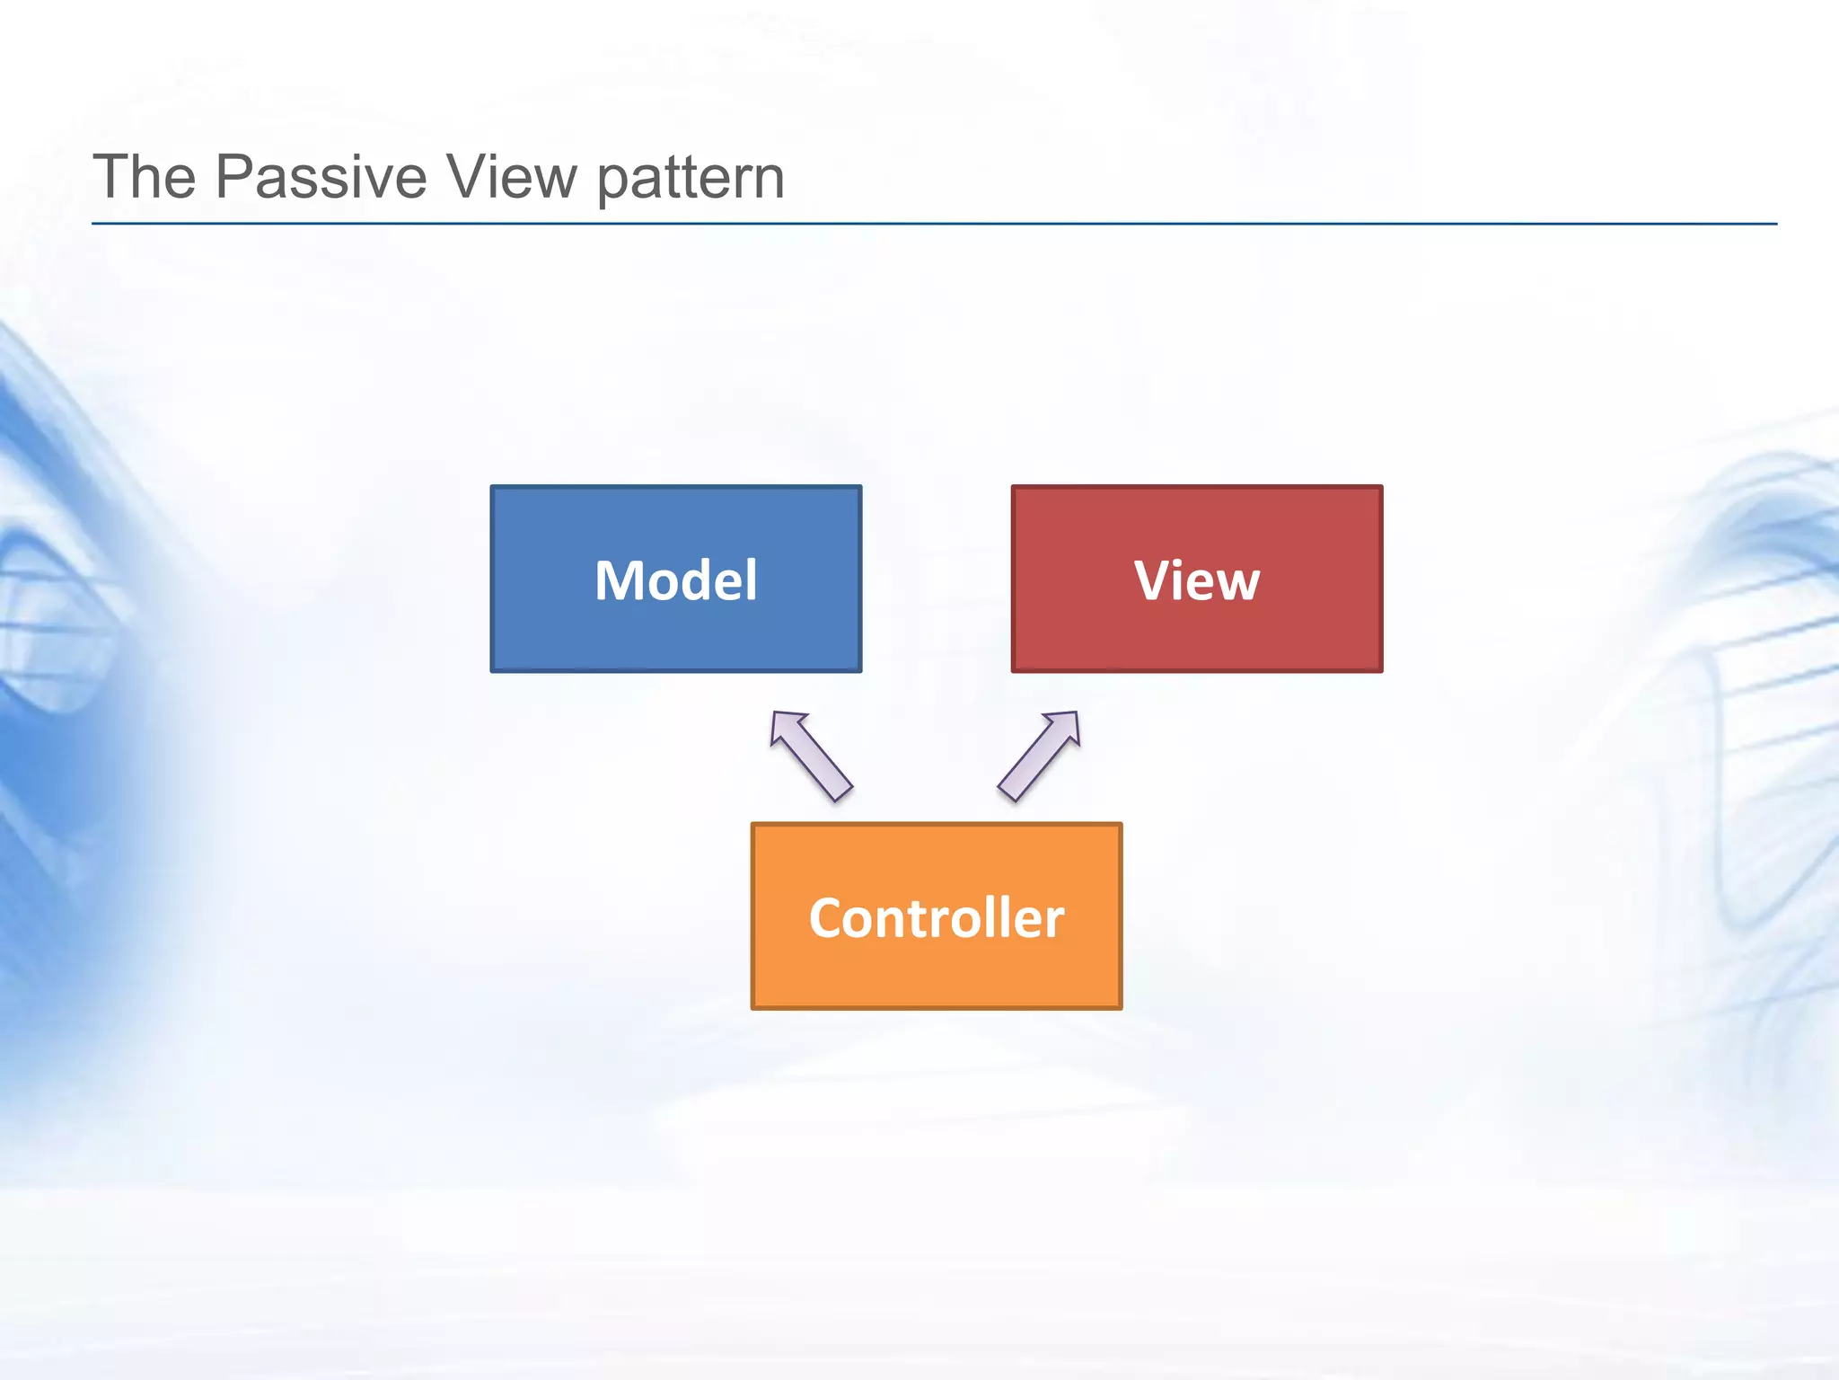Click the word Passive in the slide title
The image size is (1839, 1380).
(321, 176)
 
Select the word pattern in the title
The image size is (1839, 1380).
(691, 178)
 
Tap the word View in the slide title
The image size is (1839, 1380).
(513, 176)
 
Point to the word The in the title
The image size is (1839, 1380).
(145, 176)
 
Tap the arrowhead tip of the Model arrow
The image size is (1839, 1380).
(775, 715)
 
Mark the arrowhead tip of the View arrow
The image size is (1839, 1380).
(1076, 715)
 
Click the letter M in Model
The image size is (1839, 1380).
(620, 580)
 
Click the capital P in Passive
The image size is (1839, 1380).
(235, 176)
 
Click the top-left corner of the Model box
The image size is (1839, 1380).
(493, 488)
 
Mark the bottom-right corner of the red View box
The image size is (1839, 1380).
(1380, 669)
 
